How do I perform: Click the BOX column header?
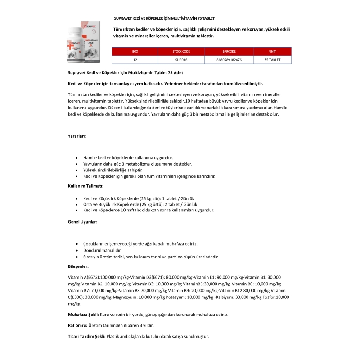135,52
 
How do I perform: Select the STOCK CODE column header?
181,52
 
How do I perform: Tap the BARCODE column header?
229,52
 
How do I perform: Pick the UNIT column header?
272,52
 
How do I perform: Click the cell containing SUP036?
181,60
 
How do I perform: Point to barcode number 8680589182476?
229,60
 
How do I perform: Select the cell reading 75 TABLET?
272,60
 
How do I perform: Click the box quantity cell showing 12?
135,60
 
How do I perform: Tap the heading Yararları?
77,135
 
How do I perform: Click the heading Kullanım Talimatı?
86,186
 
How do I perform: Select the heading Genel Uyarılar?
82,221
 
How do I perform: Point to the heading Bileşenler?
78,266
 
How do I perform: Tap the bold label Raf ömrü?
77,325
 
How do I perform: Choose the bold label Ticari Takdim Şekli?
87,336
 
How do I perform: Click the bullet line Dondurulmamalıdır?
102,250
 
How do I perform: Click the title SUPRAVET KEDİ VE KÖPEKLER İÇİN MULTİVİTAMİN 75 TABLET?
164,18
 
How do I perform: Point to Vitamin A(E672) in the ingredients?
84,277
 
